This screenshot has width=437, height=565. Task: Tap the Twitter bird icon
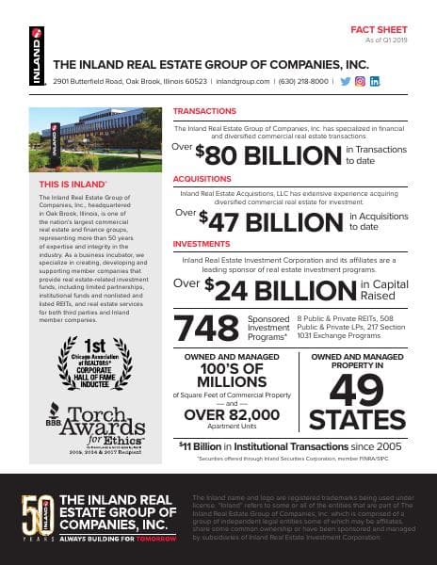pyautogui.click(x=345, y=82)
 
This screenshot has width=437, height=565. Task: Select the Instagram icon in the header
pyautogui.click(x=360, y=82)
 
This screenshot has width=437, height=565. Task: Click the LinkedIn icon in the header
pyautogui.click(x=375, y=82)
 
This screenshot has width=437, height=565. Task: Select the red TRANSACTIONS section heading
pyautogui.click(x=204, y=111)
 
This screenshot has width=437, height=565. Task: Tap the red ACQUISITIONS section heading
pyautogui.click(x=205, y=177)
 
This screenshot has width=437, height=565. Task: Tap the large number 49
pyautogui.click(x=358, y=389)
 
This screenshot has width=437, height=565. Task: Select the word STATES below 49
pyautogui.click(x=358, y=420)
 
